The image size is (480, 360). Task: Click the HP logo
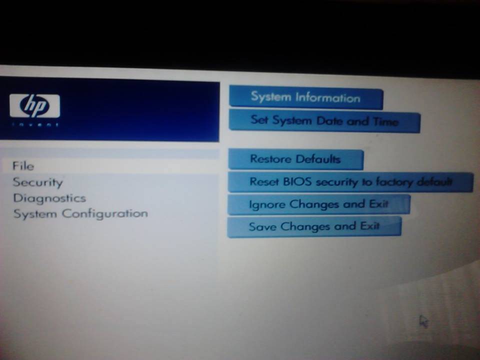tap(34, 106)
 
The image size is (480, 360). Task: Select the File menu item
tap(23, 166)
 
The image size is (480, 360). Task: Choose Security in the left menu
tap(37, 182)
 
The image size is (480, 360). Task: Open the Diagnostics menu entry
tap(49, 198)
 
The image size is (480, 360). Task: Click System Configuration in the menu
tap(80, 213)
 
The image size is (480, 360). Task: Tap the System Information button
tap(306, 98)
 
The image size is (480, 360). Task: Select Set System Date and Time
tap(324, 121)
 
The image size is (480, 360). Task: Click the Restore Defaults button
tap(295, 159)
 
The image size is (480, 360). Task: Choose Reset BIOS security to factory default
tap(350, 182)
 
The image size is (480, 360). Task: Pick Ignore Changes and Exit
tap(318, 204)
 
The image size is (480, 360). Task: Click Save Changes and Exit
tap(314, 226)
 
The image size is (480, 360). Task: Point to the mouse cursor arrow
tap(423, 321)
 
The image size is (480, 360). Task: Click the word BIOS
tap(293, 181)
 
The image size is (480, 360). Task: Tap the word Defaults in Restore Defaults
tap(318, 159)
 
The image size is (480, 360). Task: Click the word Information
tap(328, 98)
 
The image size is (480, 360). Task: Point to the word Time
tap(385, 121)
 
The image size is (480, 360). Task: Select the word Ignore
tap(267, 204)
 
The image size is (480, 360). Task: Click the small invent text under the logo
tap(35, 124)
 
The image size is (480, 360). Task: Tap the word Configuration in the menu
tap(105, 213)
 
